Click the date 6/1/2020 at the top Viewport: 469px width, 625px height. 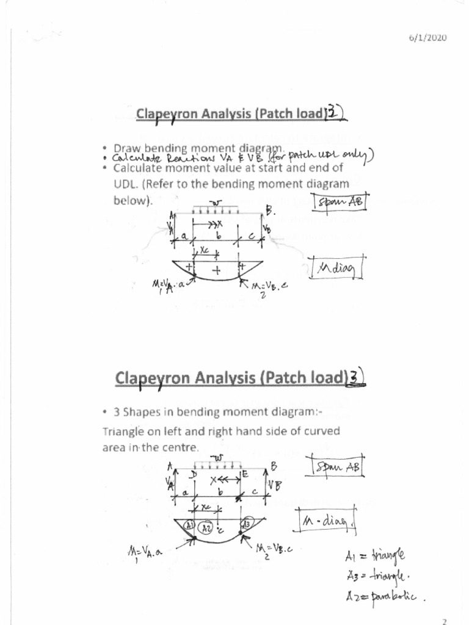point(427,38)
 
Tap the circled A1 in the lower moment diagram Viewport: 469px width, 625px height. point(189,526)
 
